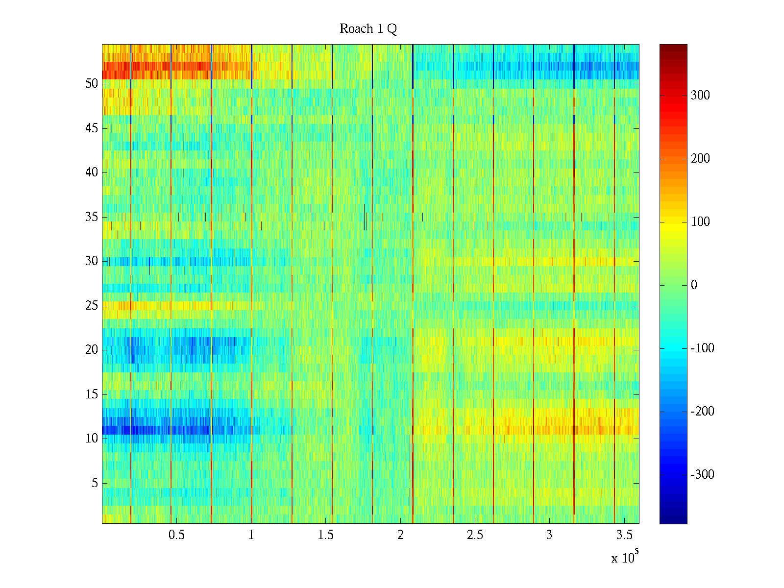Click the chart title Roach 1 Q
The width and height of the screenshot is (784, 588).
[368, 29]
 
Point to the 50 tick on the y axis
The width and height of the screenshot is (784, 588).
[92, 84]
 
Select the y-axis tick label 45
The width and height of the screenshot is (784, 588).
[92, 128]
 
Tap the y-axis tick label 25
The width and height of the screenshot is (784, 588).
[92, 306]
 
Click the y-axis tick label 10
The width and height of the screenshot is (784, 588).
[92, 439]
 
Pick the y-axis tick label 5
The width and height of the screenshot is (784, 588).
[95, 483]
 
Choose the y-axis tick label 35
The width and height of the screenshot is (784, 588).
[92, 217]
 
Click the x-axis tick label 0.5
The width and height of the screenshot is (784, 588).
[176, 535]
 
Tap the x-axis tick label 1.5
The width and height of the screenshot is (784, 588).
[325, 535]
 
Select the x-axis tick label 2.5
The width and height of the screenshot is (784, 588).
[475, 535]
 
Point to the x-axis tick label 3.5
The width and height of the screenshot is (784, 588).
[624, 535]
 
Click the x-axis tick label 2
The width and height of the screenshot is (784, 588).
[400, 535]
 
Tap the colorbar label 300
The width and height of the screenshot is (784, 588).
[700, 96]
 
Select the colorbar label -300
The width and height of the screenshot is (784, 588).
[702, 475]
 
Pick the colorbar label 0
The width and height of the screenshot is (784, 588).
[694, 285]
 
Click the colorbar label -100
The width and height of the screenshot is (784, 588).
[702, 348]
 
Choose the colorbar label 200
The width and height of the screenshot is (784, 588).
[700, 159]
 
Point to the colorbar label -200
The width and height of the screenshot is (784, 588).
[702, 412]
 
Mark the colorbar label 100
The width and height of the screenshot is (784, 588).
[700, 222]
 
